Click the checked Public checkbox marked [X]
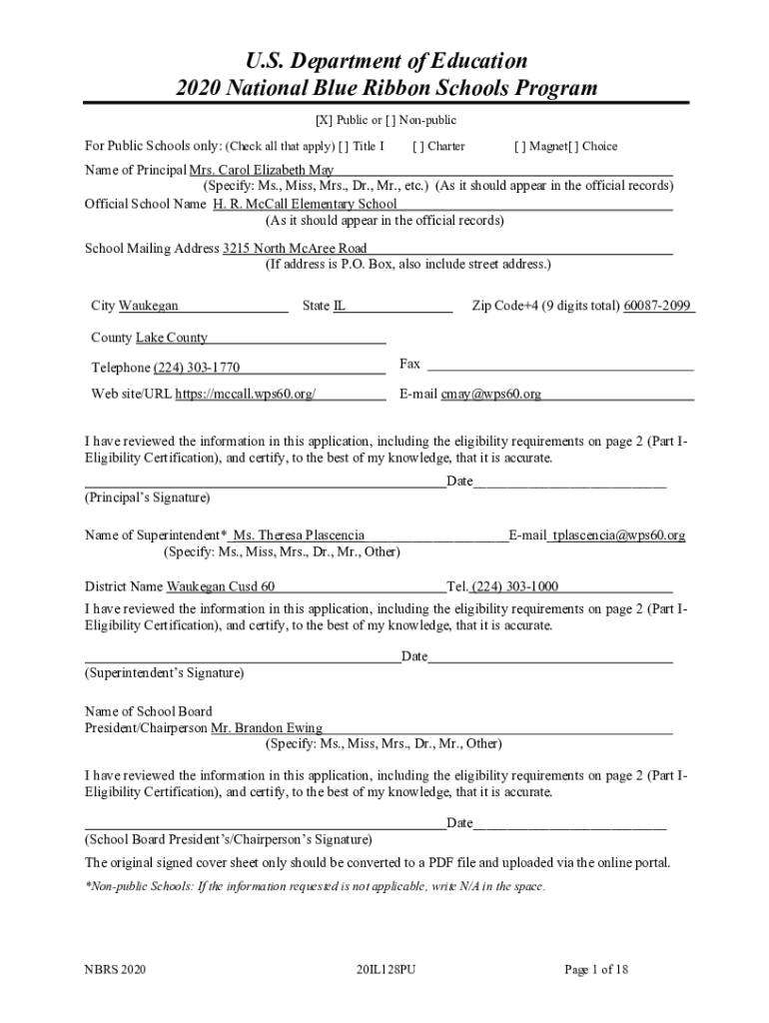324,121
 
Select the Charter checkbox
417,146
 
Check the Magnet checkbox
520,146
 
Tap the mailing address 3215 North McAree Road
295,248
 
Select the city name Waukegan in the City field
149,306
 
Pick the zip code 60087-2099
658,306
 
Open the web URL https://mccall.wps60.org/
246,394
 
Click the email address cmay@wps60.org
491,394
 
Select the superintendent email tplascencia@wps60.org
619,535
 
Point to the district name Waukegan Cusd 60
221,586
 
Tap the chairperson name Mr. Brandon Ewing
267,728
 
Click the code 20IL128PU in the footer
384,969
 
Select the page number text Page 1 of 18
596,969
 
